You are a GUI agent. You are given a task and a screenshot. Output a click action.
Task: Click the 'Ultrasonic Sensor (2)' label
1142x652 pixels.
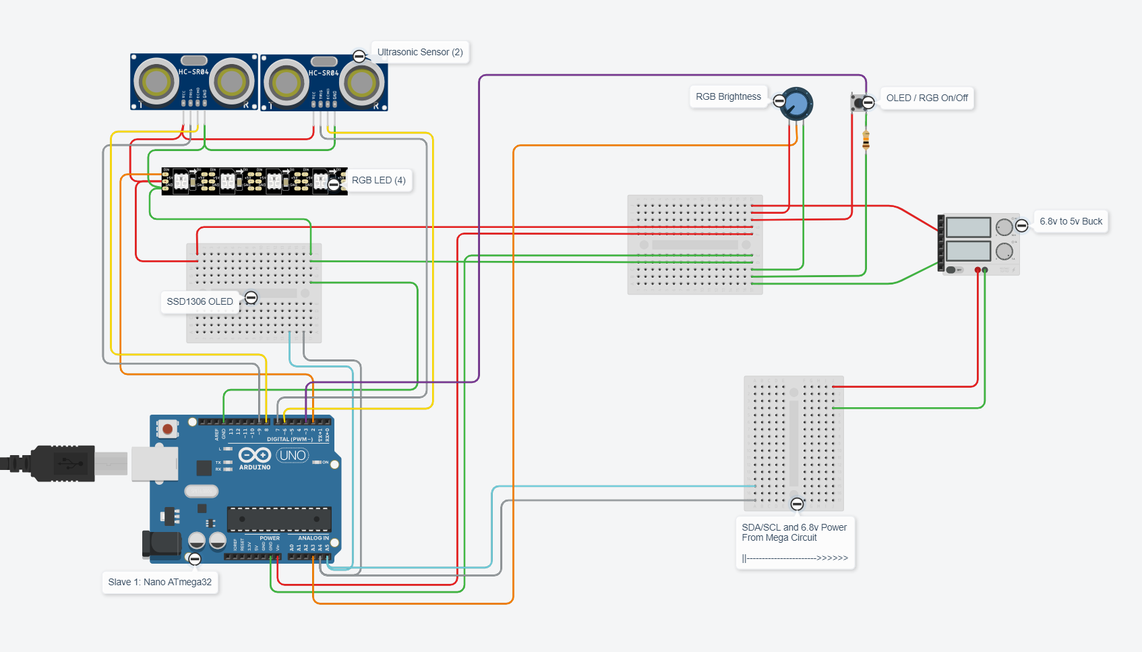pos(420,52)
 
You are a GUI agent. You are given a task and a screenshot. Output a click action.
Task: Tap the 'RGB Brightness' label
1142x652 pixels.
pos(728,96)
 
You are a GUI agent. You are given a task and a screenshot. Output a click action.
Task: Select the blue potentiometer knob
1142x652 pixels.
pos(797,104)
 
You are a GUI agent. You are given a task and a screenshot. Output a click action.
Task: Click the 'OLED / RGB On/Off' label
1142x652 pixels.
pos(927,98)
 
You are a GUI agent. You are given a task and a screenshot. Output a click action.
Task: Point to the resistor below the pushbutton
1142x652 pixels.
pos(866,140)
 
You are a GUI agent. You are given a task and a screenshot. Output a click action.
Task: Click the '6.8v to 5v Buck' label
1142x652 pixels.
pos(1071,221)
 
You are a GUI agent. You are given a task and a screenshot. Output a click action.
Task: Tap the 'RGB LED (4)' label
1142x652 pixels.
pos(378,180)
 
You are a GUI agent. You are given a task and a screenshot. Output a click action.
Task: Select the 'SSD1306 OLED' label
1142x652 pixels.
pos(200,301)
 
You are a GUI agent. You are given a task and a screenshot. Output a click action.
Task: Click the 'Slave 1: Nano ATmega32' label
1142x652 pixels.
pos(160,582)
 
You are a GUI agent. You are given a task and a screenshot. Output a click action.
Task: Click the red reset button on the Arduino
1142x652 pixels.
pos(167,429)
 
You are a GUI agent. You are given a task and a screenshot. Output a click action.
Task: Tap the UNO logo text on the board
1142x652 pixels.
pos(293,456)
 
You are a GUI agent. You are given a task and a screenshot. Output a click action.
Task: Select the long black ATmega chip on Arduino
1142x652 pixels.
pos(279,519)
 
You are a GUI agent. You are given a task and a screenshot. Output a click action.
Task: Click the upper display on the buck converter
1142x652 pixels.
pos(968,227)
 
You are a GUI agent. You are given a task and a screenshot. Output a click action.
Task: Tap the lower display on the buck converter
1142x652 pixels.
pos(968,251)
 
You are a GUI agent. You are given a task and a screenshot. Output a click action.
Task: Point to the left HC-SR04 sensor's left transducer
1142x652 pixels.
pos(156,82)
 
